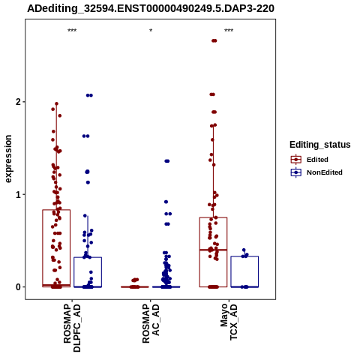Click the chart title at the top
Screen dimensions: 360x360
point(151,8)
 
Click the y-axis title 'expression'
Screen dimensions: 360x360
point(8,159)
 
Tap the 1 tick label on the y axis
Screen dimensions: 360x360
point(18,194)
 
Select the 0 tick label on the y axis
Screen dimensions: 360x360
point(18,287)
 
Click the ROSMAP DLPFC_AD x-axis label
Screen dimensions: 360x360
point(72,328)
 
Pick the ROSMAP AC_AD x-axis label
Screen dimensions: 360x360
point(151,323)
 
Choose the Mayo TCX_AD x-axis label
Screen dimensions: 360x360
point(229,322)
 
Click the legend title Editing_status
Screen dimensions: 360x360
point(320,145)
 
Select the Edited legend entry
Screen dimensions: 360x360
point(310,160)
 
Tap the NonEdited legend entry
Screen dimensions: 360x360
point(316,172)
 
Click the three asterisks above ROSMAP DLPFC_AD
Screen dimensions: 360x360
point(72,31)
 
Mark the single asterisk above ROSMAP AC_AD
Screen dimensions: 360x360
point(151,31)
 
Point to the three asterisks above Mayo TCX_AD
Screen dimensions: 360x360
point(229,31)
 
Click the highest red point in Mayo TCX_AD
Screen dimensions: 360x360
point(214,40)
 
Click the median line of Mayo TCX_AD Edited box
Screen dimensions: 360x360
point(213,250)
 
